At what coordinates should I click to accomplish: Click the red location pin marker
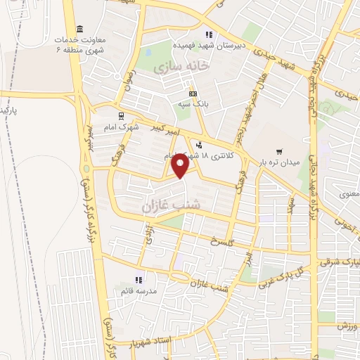coord(181,166)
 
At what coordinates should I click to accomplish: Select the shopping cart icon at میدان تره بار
coord(280,150)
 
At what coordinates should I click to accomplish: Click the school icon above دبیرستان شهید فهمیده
coord(208,34)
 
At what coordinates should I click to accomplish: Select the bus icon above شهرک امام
coord(122,116)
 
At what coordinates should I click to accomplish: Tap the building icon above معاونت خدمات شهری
coord(79,29)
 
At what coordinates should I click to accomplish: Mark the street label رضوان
coord(127,73)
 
